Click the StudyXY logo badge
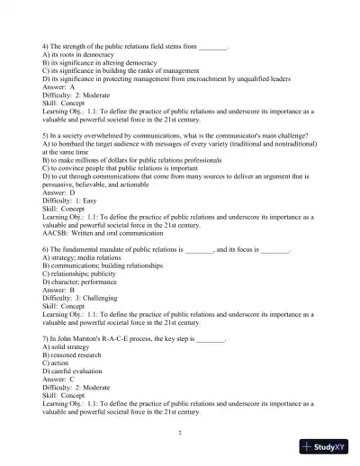[x=327, y=446]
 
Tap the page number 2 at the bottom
[x=180, y=433]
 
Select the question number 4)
[x=46, y=44]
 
